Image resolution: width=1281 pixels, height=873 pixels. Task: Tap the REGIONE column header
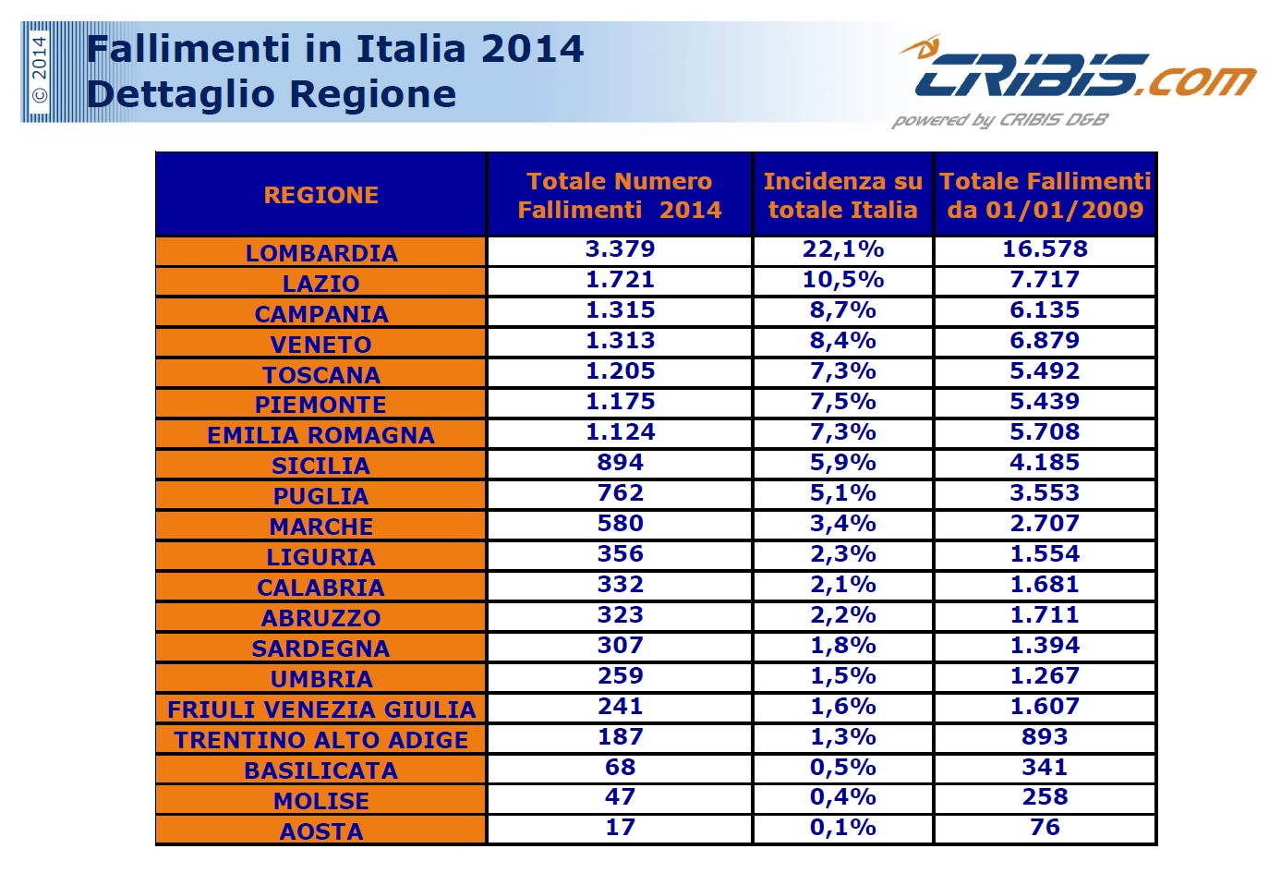pyautogui.click(x=320, y=195)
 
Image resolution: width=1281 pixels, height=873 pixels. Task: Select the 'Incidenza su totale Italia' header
pyautogui.click(x=842, y=195)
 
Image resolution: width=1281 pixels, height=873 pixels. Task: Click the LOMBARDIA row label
pyautogui.click(x=320, y=253)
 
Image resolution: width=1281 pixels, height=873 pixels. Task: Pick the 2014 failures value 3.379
pyautogui.click(x=620, y=249)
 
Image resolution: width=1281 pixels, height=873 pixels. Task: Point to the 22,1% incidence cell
pyautogui.click(x=842, y=249)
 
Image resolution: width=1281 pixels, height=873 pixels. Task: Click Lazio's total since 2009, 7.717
pyautogui.click(x=1044, y=280)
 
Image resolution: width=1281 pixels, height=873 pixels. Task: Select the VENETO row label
pyautogui.click(x=320, y=345)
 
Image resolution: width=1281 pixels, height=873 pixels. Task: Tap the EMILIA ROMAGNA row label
pyautogui.click(x=320, y=435)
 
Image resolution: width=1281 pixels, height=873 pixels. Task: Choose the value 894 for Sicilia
pyautogui.click(x=620, y=463)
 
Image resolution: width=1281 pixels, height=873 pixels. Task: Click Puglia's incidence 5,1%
pyautogui.click(x=842, y=493)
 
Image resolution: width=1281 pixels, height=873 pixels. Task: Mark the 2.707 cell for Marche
pyautogui.click(x=1044, y=524)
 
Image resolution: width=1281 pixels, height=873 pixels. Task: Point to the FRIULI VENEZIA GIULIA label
pyautogui.click(x=320, y=709)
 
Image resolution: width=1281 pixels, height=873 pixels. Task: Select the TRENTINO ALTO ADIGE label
pyautogui.click(x=320, y=740)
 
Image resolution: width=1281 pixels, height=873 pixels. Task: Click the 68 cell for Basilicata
pyautogui.click(x=620, y=768)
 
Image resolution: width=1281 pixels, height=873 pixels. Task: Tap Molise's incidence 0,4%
pyautogui.click(x=842, y=797)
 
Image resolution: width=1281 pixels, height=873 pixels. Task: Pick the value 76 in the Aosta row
pyautogui.click(x=1044, y=828)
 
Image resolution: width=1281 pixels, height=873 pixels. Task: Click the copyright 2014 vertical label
pyautogui.click(x=39, y=71)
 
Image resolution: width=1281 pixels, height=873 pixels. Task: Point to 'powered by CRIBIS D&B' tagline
pyautogui.click(x=999, y=120)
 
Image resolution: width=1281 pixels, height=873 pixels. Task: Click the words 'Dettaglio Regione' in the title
pyautogui.click(x=272, y=94)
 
